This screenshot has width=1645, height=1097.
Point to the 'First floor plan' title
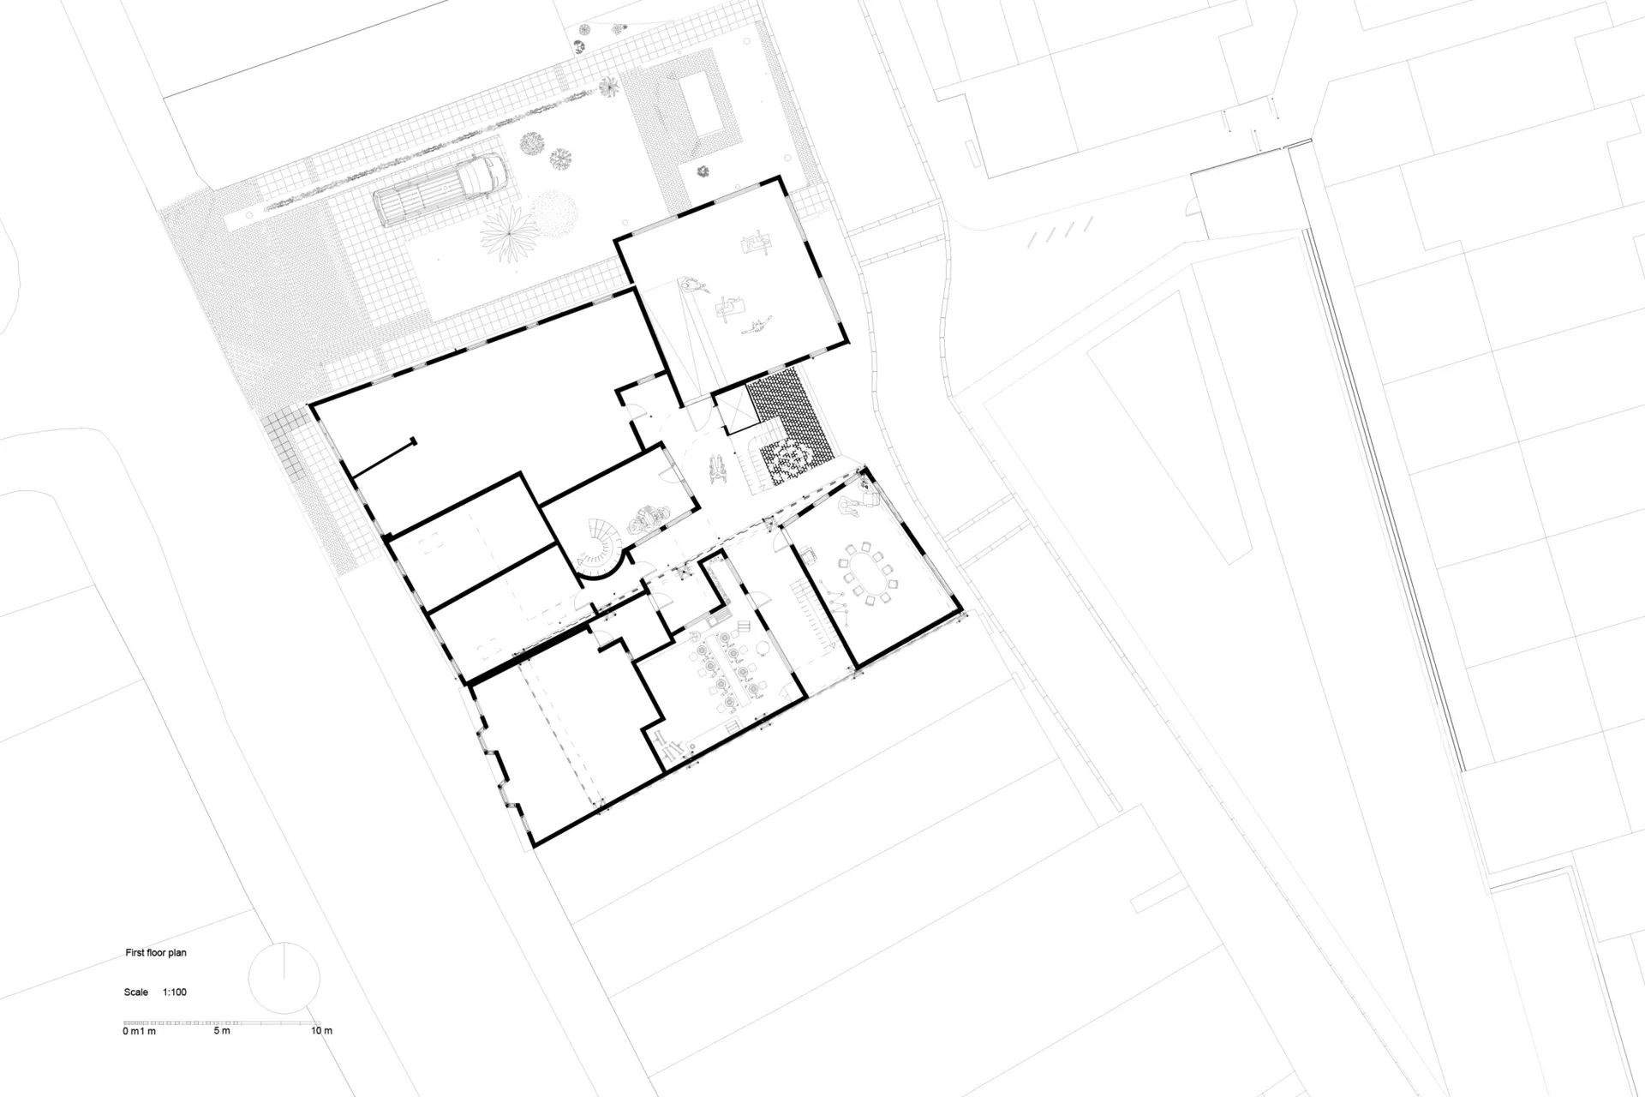click(156, 953)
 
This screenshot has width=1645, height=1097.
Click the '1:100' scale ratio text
click(175, 992)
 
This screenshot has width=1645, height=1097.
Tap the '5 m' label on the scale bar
click(222, 1031)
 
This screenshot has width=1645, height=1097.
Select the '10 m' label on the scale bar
click(321, 1031)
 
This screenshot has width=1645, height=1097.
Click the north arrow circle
click(284, 978)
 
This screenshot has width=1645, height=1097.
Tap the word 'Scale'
click(136, 992)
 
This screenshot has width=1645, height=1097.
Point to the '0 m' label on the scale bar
click(130, 1031)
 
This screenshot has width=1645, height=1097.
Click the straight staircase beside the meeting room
click(810, 614)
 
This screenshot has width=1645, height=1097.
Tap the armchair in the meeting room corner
click(870, 497)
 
